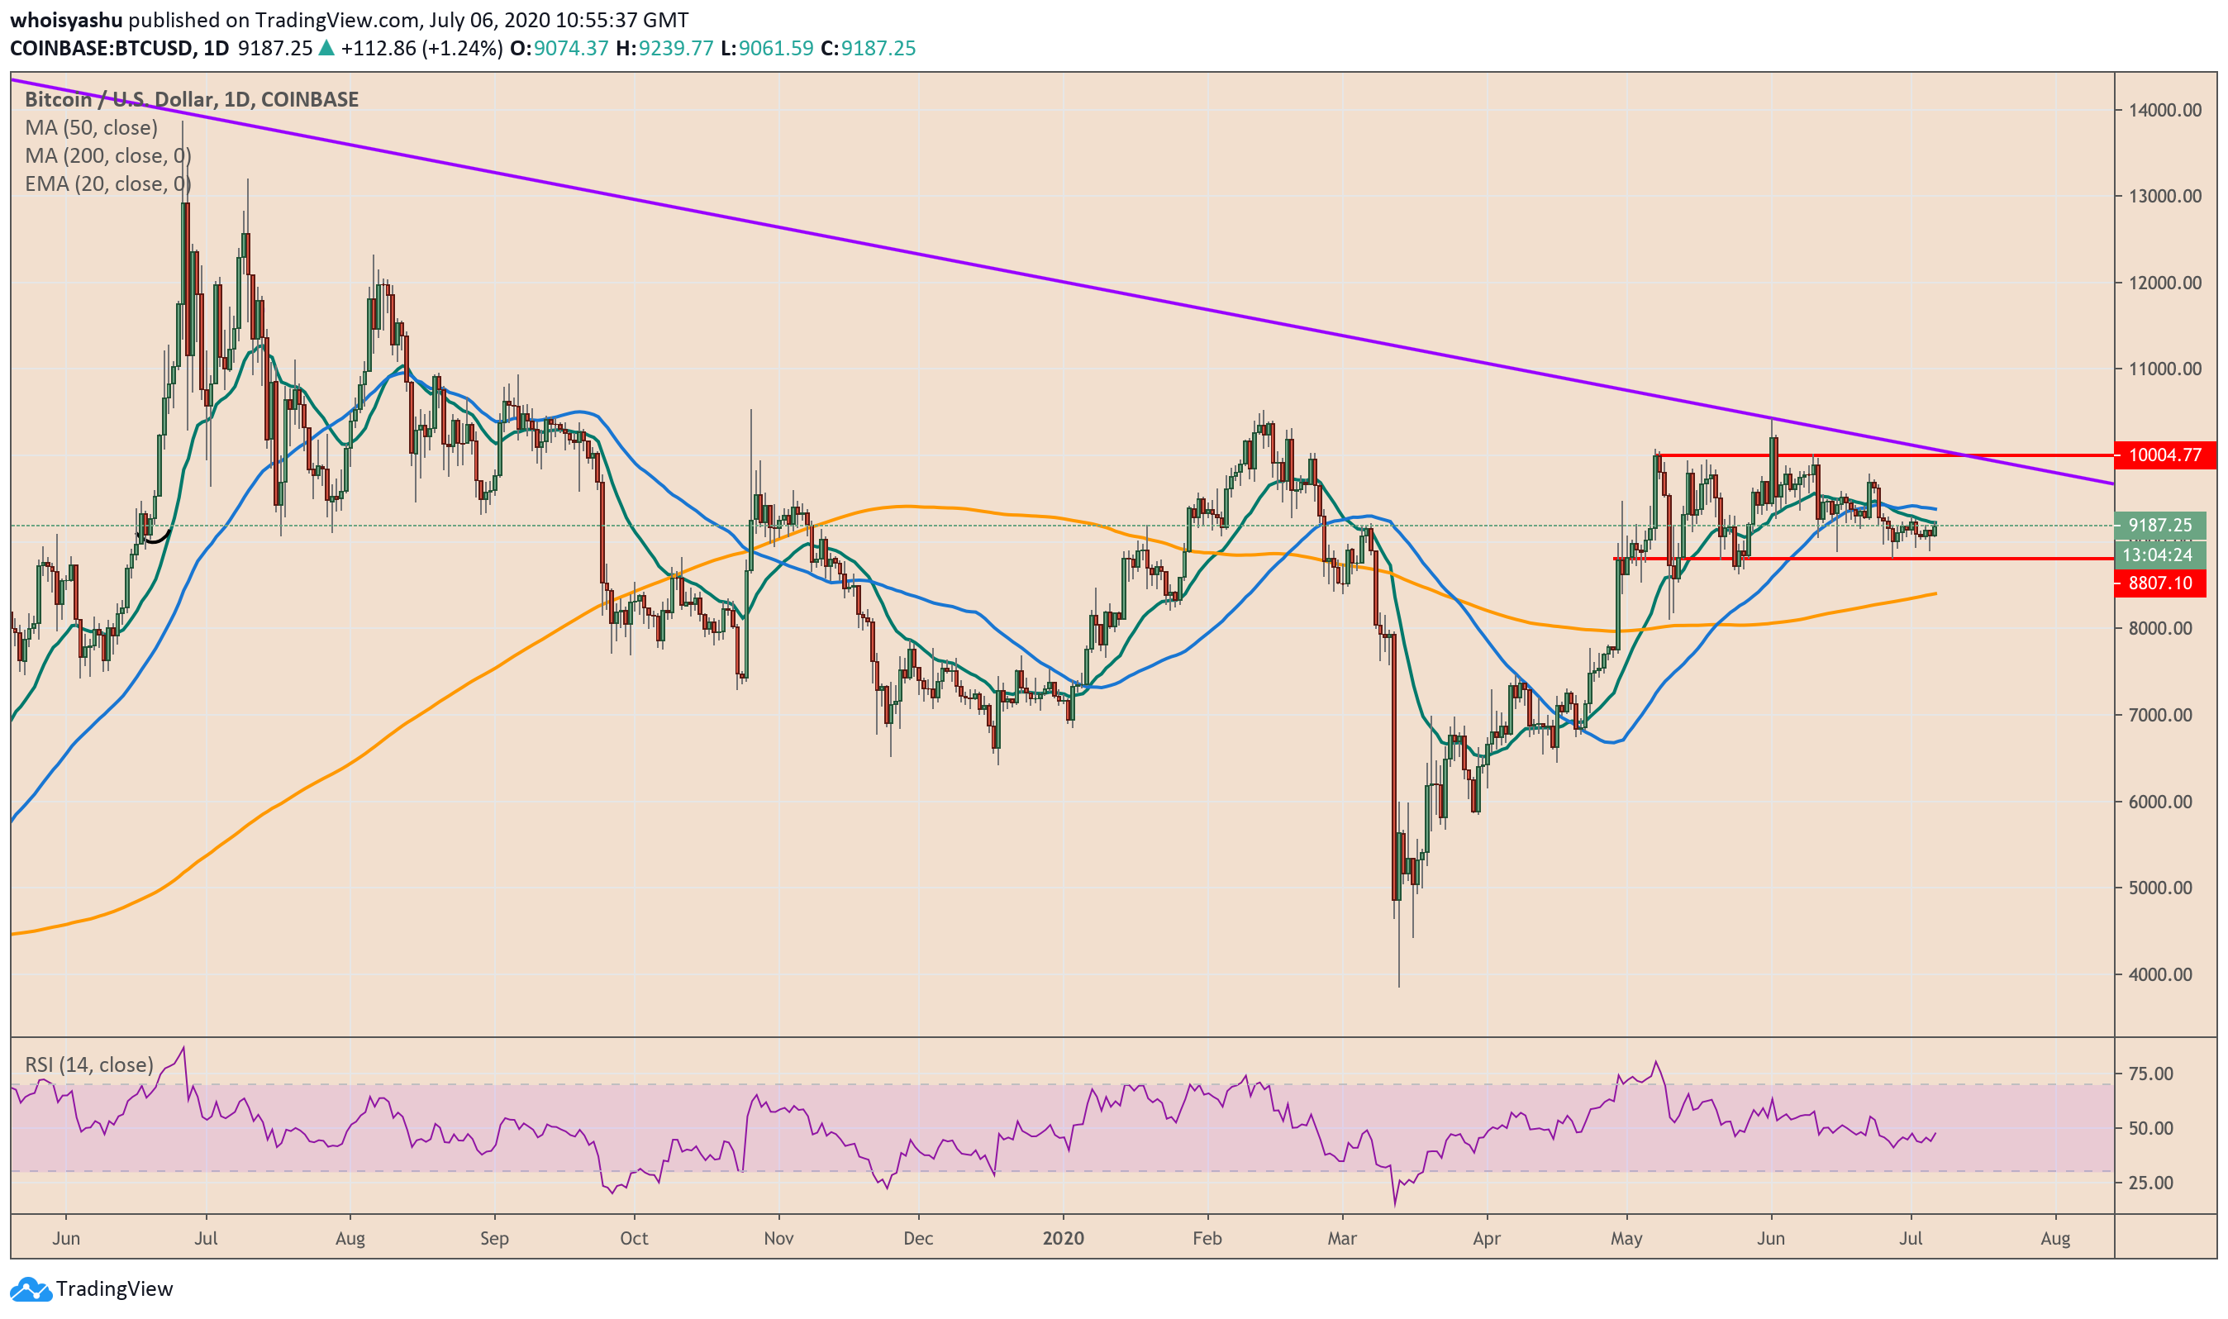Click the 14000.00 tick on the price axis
tap(2165, 110)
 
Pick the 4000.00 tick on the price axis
tap(2165, 975)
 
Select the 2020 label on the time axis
tap(1064, 1238)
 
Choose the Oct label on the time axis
tap(634, 1238)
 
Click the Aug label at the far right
tap(2055, 1238)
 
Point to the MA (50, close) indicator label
tap(92, 128)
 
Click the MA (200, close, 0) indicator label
tap(107, 156)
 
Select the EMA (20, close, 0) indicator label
tap(107, 184)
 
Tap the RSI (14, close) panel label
tap(89, 1064)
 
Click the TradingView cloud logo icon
tap(31, 1288)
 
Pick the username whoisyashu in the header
tap(66, 20)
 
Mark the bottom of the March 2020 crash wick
tap(1400, 986)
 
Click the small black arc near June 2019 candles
tap(157, 538)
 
